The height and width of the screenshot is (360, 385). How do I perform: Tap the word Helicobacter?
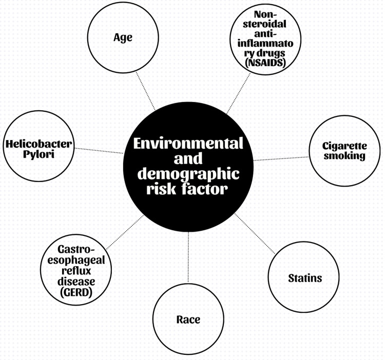coord(39,144)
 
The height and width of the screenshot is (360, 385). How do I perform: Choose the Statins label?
coord(304,278)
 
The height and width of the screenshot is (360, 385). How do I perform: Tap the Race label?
coord(188,319)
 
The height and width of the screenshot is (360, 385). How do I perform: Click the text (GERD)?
coord(75,293)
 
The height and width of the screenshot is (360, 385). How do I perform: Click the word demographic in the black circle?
coord(188,173)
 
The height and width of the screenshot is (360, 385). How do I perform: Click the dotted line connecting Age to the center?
coord(145,91)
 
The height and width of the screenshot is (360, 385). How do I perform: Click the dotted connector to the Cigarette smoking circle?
coord(281,157)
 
